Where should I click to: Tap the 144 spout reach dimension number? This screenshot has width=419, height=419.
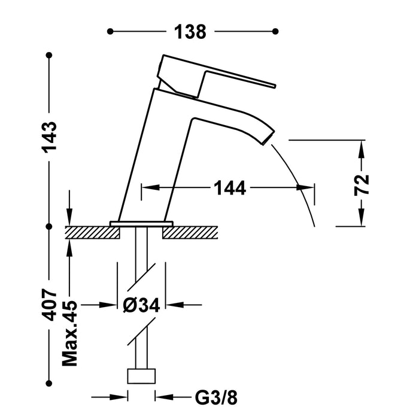tap(229, 188)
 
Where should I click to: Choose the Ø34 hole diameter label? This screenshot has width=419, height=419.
tap(141, 305)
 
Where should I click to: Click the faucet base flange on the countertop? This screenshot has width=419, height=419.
tap(141, 223)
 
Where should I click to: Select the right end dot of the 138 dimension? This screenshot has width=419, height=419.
tap(275, 31)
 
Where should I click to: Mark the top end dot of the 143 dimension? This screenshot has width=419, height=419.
tap(49, 56)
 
